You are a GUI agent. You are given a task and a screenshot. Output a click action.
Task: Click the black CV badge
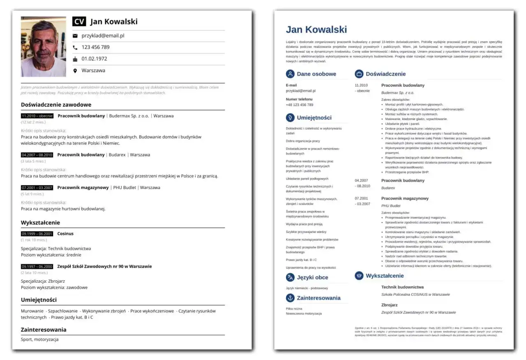tap(80, 22)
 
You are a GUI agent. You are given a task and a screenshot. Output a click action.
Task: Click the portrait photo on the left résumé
tap(43, 46)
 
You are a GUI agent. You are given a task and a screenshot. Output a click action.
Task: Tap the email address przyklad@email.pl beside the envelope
tap(103, 36)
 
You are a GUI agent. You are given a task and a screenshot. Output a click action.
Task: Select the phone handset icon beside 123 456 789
tap(75, 47)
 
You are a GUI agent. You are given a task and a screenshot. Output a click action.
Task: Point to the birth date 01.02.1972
tap(94, 59)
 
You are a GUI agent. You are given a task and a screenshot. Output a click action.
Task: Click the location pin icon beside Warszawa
tap(75, 71)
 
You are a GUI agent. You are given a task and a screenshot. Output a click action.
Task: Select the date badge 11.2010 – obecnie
tap(37, 116)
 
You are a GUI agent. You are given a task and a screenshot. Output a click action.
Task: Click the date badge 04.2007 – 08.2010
tap(37, 155)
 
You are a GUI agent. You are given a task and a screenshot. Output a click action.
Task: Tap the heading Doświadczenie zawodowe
tap(56, 105)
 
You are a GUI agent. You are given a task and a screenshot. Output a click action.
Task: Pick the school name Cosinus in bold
tap(65, 233)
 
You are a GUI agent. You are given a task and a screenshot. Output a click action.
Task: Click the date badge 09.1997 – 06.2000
tap(37, 266)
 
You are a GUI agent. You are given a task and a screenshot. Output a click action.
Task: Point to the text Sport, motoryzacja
tap(39, 339)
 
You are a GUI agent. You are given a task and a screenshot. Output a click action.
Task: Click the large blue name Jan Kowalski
tap(316, 30)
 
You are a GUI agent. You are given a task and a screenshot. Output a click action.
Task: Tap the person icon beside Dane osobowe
tap(290, 74)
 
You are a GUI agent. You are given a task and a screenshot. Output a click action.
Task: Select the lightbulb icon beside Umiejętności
tap(290, 118)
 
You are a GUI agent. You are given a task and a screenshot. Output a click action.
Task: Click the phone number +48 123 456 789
tap(299, 105)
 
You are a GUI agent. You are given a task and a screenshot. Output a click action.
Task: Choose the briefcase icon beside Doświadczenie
tap(359, 74)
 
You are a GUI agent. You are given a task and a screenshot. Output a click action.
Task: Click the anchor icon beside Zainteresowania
tap(290, 298)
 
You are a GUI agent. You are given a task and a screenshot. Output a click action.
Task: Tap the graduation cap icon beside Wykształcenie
tap(359, 276)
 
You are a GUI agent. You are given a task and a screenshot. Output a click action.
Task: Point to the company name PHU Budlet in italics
tap(390, 205)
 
